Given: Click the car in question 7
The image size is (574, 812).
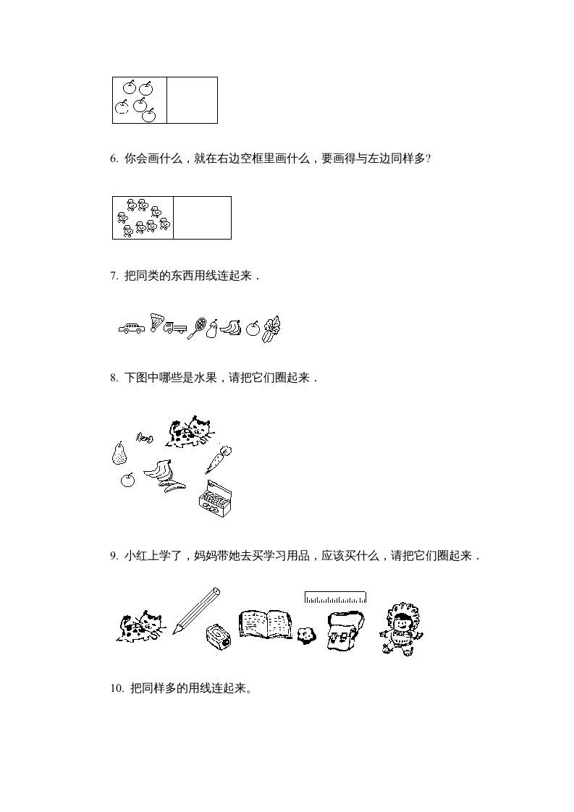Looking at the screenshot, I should point(131,329).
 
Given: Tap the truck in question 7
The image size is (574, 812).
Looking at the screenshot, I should point(174,328).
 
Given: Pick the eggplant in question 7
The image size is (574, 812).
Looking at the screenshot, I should point(212,330).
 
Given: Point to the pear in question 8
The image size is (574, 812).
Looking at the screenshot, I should point(119,453).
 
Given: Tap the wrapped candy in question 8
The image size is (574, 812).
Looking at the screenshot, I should point(143,437).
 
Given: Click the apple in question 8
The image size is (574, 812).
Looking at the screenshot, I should point(127,480).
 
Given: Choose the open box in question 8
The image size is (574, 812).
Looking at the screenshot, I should point(215,499).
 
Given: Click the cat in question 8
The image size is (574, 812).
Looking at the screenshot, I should point(188,431).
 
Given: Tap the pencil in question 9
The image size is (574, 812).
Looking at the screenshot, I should point(195,611).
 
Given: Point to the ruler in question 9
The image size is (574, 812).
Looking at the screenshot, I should point(335,597).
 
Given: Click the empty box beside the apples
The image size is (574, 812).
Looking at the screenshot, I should point(192,100).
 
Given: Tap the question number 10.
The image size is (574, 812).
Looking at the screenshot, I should point(117,688).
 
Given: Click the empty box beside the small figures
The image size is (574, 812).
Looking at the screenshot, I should point(202,217).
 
